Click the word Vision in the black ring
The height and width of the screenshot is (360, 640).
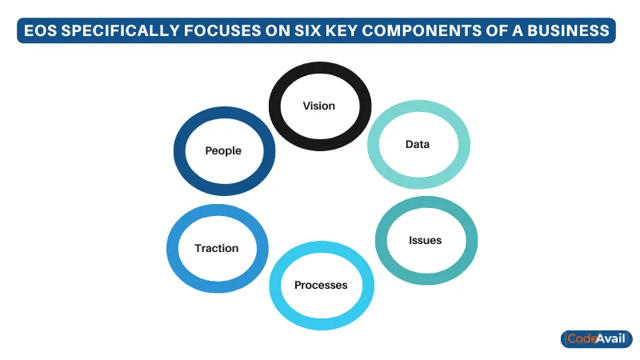[x=318, y=106]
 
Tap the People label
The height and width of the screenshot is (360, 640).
[x=223, y=150]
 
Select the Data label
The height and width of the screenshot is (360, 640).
[x=417, y=144]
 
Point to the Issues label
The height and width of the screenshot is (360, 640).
[x=426, y=240]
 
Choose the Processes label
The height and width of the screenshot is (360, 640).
[x=321, y=285]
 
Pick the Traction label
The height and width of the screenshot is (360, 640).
[x=216, y=248]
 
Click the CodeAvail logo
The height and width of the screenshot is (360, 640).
[x=596, y=338]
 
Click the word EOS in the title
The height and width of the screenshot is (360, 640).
[x=41, y=30]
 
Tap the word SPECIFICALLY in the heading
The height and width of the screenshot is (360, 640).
[x=121, y=30]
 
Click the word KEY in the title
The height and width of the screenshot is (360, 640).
[x=342, y=30]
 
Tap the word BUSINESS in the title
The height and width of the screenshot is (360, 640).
[x=568, y=30]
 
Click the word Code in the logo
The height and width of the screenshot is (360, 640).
[x=582, y=338]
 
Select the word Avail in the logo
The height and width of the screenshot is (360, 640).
[x=611, y=338]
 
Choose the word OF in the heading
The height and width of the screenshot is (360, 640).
[x=497, y=30]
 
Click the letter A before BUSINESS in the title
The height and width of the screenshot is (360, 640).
[x=517, y=30]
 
